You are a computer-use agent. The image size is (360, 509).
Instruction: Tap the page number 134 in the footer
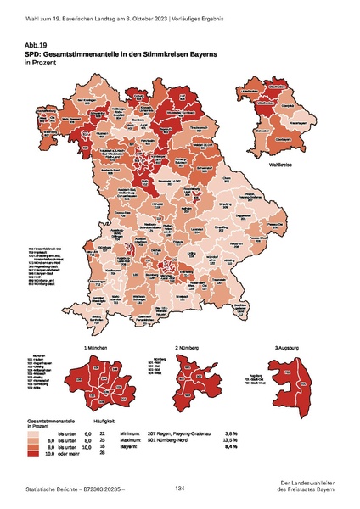pos(179,489)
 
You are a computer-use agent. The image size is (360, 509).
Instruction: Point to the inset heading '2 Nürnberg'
pos(188,349)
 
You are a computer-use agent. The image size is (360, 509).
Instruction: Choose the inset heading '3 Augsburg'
pos(288,349)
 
